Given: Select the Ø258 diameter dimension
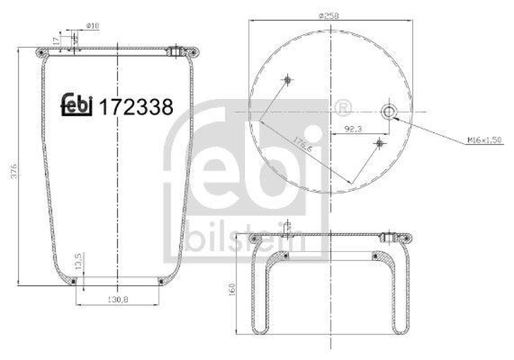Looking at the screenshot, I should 328,15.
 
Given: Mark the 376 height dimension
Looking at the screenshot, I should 14,169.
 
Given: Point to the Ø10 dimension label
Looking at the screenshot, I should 93,26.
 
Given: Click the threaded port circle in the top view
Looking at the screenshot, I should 389,112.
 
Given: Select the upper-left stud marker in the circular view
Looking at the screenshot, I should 287,80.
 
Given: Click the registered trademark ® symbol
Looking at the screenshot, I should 342,106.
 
